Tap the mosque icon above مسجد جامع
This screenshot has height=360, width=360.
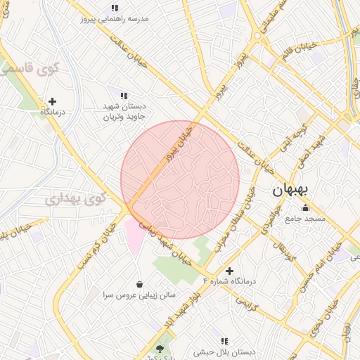(x=304, y=208)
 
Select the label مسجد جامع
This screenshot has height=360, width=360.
(x=305, y=219)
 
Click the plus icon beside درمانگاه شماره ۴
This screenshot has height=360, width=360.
(x=229, y=271)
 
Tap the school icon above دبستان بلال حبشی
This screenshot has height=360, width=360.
(x=225, y=341)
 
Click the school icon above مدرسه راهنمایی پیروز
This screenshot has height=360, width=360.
(x=115, y=8)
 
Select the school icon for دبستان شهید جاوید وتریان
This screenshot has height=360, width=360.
(x=124, y=95)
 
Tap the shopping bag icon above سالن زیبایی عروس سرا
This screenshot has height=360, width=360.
(x=140, y=284)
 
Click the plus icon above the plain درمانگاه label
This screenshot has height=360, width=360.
(x=53, y=102)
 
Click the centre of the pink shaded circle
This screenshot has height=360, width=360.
(x=180, y=179)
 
